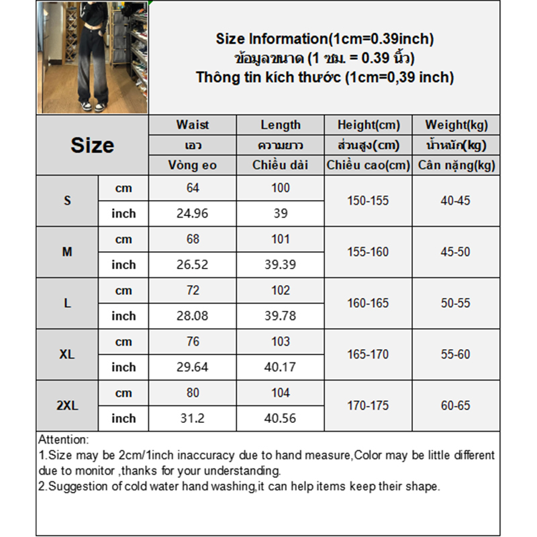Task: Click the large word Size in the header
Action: [x=92, y=145]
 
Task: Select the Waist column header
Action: [x=193, y=125]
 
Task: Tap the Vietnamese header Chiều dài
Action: [x=281, y=165]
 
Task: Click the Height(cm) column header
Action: [x=368, y=125]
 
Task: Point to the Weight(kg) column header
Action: [x=456, y=125]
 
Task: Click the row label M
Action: [x=67, y=252]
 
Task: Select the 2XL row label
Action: [x=67, y=405]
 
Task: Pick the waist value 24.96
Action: [x=193, y=213]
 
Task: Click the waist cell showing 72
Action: [x=193, y=291]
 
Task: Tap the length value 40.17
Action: [x=281, y=367]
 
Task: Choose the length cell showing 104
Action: [x=281, y=393]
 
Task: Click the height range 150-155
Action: [x=368, y=201]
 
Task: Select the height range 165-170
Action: [x=368, y=354]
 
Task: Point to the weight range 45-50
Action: [x=456, y=252]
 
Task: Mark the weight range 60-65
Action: [x=456, y=405]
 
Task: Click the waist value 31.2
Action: [x=193, y=418]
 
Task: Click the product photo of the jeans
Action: [x=92, y=57]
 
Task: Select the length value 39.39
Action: [x=281, y=264]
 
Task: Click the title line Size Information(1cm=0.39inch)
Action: [x=325, y=39]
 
